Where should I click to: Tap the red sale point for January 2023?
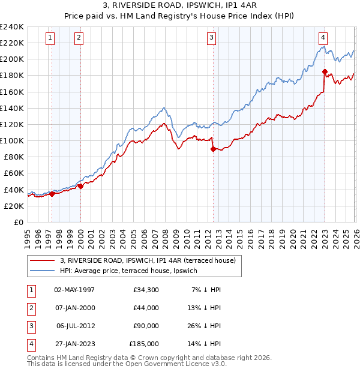pos(325,72)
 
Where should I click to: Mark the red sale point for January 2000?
pos(80,186)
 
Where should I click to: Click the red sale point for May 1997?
pos(52,194)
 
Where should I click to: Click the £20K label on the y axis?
pos(14,206)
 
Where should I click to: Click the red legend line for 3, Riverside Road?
pos(43,260)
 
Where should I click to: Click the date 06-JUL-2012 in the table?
pos(75,326)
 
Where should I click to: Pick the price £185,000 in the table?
pos(144,344)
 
